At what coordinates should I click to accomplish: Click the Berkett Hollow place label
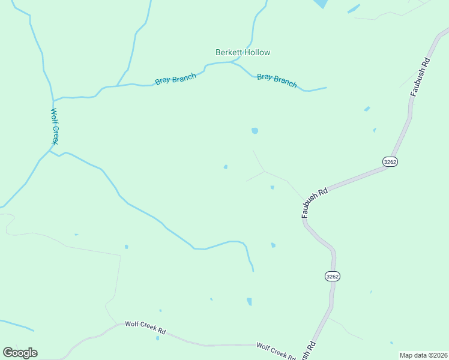243,52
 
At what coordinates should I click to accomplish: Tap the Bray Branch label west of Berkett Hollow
175,79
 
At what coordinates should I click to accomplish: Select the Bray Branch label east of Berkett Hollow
277,80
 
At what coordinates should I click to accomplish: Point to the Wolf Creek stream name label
54,126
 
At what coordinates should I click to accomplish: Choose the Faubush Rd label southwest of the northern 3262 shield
314,202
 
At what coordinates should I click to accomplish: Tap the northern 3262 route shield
390,161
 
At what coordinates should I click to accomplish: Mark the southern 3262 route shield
332,276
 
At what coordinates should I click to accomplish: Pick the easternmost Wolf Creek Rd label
276,350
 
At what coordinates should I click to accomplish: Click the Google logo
20,353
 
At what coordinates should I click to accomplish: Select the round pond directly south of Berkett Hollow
255,131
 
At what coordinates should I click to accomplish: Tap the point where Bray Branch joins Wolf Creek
53,100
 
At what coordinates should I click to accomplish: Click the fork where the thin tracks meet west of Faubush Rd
264,172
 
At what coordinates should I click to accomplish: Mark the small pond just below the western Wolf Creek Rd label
157,338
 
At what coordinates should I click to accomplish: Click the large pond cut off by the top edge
319,3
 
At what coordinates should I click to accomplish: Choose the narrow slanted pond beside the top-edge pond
353,9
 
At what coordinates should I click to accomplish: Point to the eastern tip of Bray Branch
327,88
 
